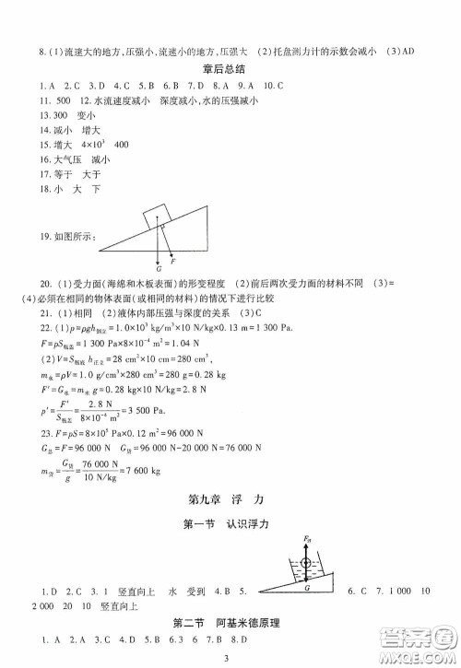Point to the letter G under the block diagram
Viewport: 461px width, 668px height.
point(159,268)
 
